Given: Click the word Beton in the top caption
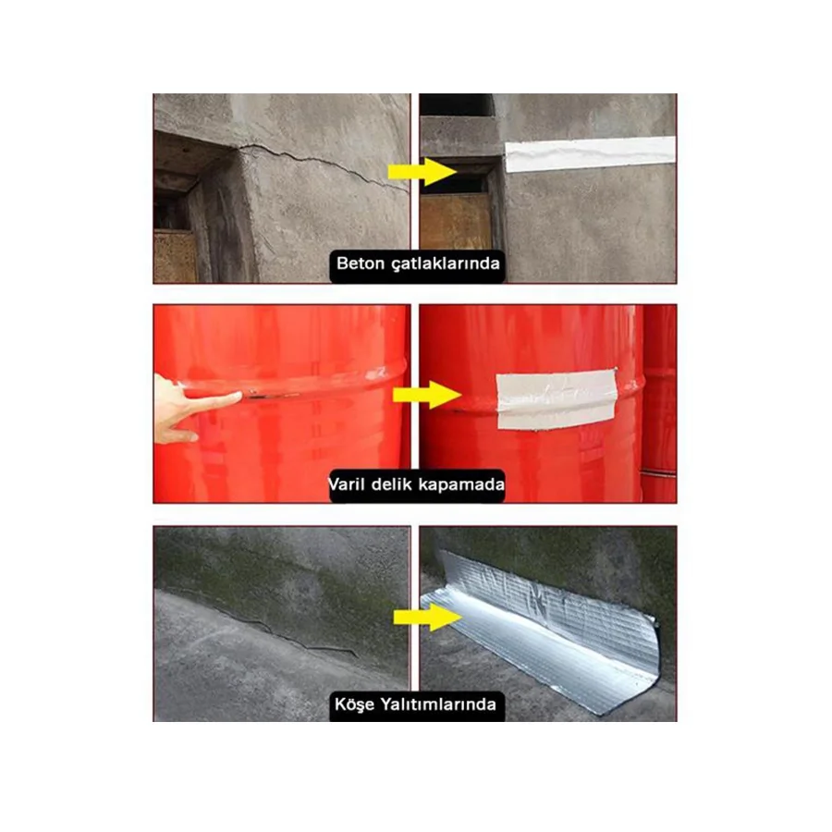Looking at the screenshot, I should click(359, 264).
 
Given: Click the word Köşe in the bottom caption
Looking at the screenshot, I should click(357, 704).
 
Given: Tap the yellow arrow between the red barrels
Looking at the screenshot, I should click(426, 396).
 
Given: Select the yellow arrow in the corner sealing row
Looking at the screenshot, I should click(425, 618).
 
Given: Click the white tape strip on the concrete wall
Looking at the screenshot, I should click(589, 153).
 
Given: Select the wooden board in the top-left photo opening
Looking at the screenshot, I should click(175, 256).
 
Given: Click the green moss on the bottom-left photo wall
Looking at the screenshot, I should click(277, 573).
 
